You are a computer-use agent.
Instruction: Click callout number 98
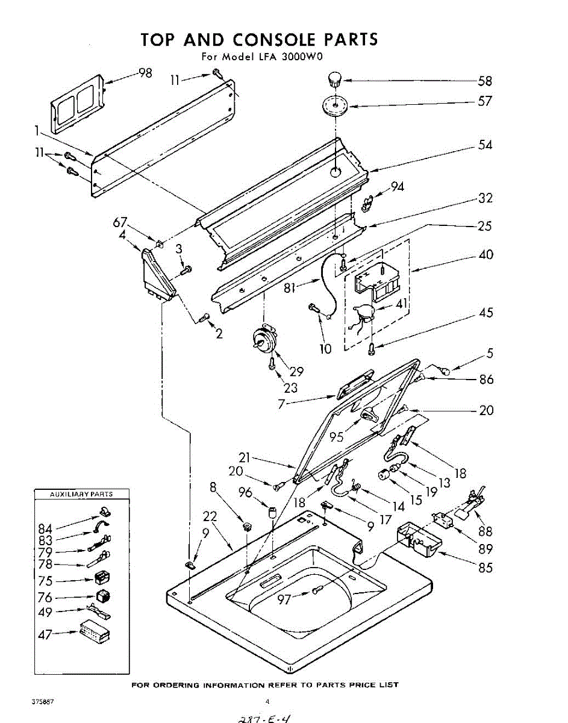[145, 73]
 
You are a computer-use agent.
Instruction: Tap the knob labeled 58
[334, 79]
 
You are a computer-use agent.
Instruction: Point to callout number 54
[485, 145]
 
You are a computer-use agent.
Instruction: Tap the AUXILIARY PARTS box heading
[81, 494]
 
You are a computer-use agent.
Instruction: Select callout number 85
[485, 567]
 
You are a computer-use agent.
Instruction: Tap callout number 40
[485, 254]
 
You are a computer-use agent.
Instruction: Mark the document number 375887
[43, 702]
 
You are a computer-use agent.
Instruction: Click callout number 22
[210, 516]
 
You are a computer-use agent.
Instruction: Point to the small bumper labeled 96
[272, 513]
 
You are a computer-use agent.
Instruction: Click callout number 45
[485, 313]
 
